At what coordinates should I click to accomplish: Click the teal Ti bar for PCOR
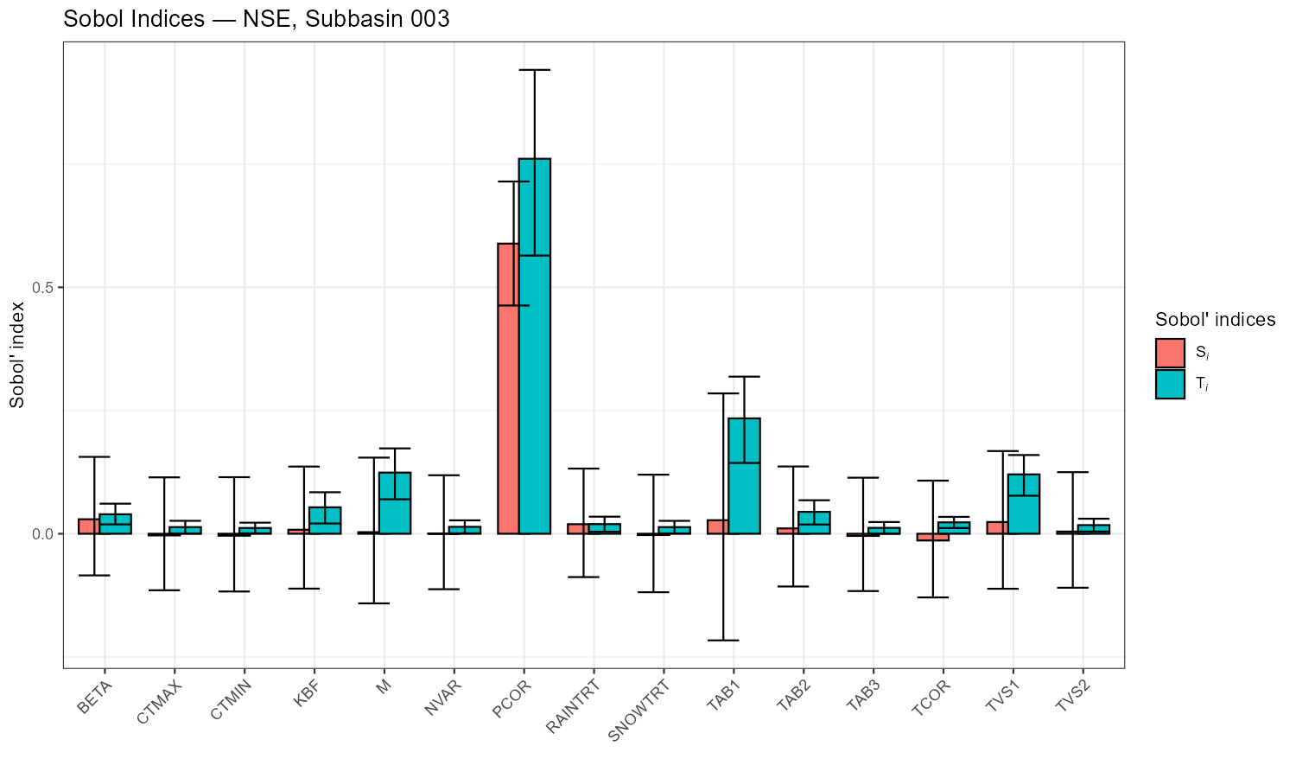[x=535, y=346]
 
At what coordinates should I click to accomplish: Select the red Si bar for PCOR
[x=508, y=389]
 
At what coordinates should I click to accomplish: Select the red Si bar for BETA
[x=89, y=526]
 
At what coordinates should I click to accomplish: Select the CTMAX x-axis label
[x=158, y=702]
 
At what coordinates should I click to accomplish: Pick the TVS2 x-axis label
[x=1071, y=698]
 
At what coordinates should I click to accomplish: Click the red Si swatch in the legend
[x=1170, y=353]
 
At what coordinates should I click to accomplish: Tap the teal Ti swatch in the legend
[x=1170, y=385]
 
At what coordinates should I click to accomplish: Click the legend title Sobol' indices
[x=1215, y=320]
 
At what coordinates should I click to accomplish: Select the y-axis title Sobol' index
[x=17, y=354]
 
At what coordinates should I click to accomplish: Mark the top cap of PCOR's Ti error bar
[x=535, y=70]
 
